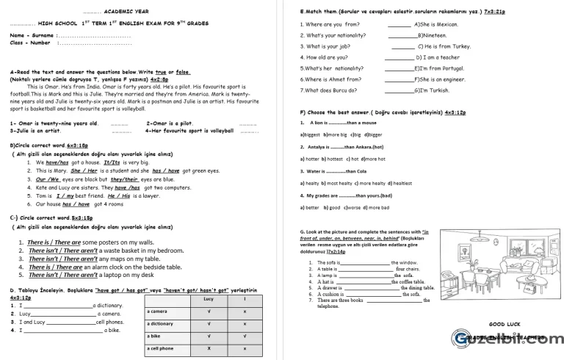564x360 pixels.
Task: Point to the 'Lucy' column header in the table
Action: click(x=209, y=300)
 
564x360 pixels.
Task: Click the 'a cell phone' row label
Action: click(x=162, y=348)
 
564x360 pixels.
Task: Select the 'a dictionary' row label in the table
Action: click(x=162, y=324)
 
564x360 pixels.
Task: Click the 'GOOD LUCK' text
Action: click(x=505, y=324)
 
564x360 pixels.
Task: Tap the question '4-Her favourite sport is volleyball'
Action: click(x=191, y=131)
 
